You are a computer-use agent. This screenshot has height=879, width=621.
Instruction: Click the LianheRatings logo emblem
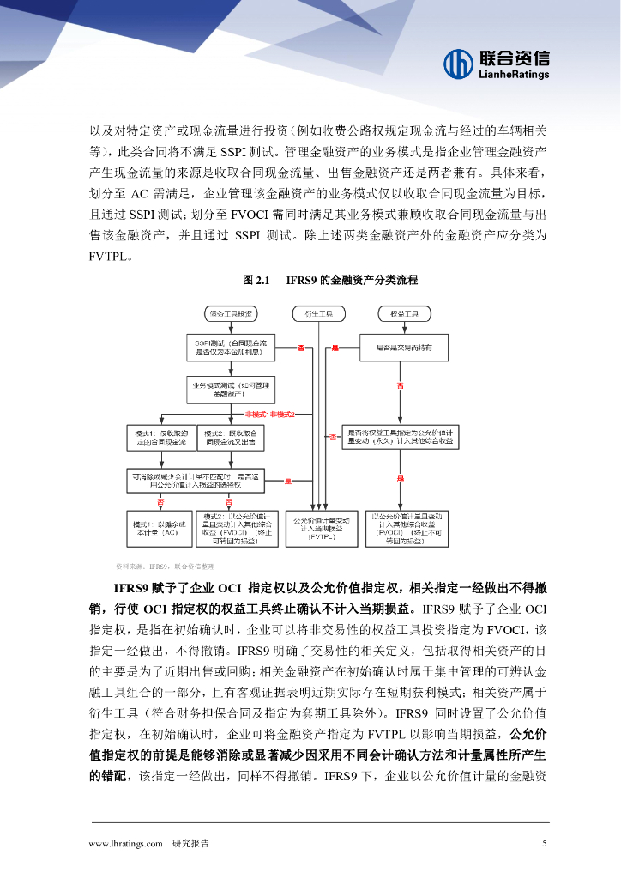[x=458, y=63]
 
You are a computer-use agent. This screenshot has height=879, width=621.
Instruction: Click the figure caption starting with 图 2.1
[x=329, y=281]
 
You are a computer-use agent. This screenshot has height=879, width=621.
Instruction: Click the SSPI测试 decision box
[x=229, y=347]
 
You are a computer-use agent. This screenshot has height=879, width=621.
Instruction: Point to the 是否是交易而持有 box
[x=402, y=347]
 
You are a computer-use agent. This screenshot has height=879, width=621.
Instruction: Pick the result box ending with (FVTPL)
[x=320, y=527]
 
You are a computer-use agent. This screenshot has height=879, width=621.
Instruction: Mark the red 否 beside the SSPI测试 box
[x=301, y=348]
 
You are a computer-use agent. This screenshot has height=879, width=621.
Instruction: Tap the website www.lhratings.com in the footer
[x=125, y=844]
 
